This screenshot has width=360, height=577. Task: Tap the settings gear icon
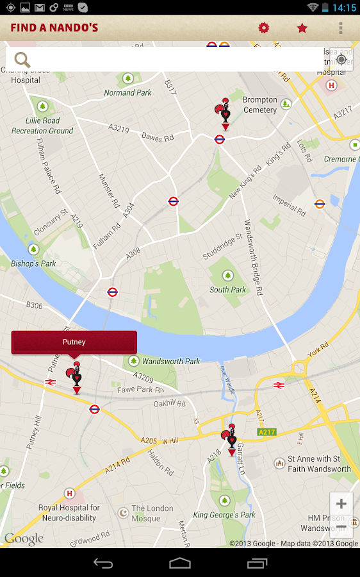[264, 28]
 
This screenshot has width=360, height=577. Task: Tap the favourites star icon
[302, 28]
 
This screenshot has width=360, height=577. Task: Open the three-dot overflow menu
[340, 28]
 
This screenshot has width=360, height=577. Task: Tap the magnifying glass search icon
[22, 60]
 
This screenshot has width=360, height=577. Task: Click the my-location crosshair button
[341, 60]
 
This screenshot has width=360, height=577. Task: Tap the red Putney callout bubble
[74, 342]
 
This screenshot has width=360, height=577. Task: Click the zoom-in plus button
[341, 504]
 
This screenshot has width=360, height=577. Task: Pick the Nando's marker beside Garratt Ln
[231, 439]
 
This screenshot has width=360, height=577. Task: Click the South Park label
[227, 290]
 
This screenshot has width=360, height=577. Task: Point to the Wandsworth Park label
[171, 362]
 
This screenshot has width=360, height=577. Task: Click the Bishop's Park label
[33, 263]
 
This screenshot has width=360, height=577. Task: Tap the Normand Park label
[128, 93]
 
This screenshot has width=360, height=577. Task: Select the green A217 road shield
[266, 432]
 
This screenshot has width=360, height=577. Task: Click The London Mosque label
[152, 513]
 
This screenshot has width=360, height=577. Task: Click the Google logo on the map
[24, 539]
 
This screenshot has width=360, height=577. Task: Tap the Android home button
[180, 563]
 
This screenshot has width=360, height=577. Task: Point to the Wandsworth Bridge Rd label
[253, 256]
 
